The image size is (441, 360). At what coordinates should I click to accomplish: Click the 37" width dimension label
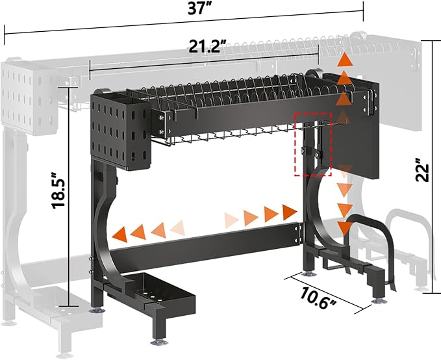199,8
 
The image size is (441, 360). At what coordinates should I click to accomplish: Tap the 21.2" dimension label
207,46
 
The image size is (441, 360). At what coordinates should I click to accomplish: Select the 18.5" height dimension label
58,191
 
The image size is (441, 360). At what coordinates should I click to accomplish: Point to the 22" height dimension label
422,170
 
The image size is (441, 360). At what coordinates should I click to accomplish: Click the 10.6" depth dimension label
317,298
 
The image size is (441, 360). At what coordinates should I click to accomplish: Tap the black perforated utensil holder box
120,133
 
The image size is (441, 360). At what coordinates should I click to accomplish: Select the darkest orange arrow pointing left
120,235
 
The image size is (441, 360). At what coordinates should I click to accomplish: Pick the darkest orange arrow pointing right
290,212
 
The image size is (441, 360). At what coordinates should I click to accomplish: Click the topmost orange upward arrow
346,59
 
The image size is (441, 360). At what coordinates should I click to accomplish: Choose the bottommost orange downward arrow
344,228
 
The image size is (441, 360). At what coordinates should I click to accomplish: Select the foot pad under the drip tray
160,342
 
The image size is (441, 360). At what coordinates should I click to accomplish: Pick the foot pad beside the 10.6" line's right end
380,302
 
